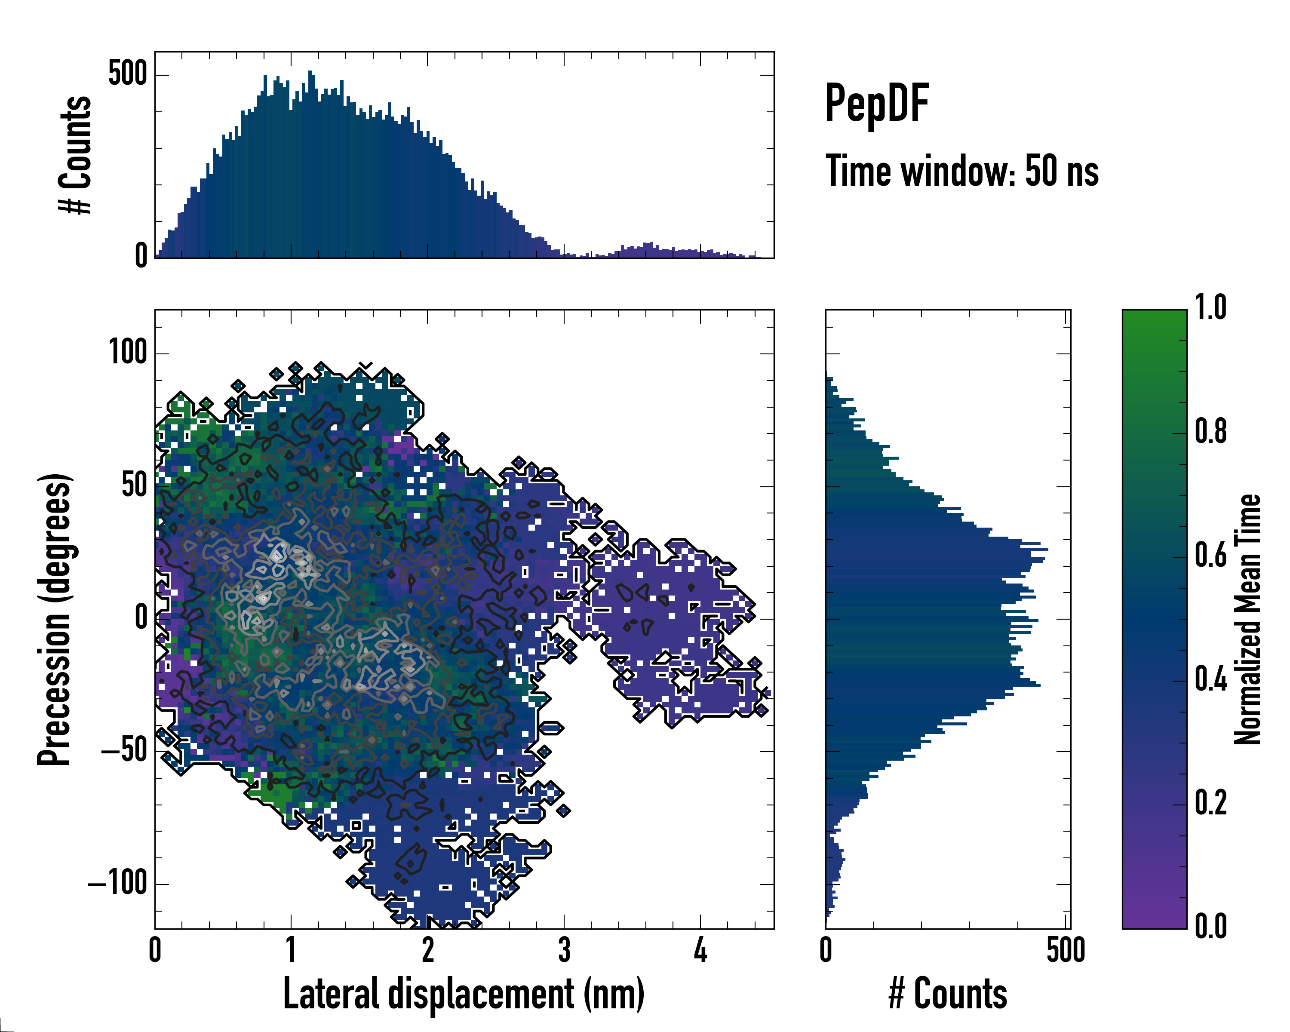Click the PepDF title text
pyautogui.click(x=876, y=104)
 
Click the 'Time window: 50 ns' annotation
pyautogui.click(x=961, y=171)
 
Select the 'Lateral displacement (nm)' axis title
pyautogui.click(x=464, y=994)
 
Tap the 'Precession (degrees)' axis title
pyautogui.click(x=55, y=619)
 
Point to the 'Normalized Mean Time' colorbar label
pyautogui.click(x=1247, y=619)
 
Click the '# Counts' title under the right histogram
pyautogui.click(x=948, y=994)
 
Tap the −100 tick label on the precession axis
pyautogui.click(x=118, y=883)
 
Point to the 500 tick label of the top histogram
pyautogui.click(x=127, y=74)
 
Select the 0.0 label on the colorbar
pyautogui.click(x=1211, y=926)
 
